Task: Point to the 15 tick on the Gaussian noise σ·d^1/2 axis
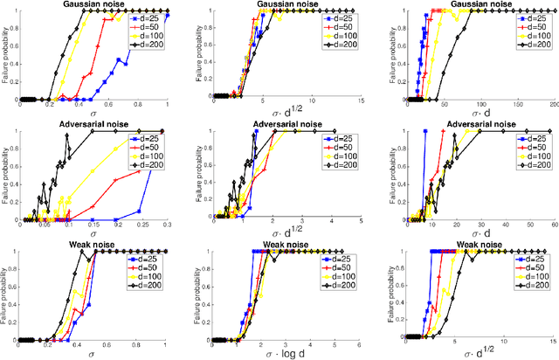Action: (362, 105)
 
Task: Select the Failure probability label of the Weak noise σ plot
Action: (6, 295)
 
